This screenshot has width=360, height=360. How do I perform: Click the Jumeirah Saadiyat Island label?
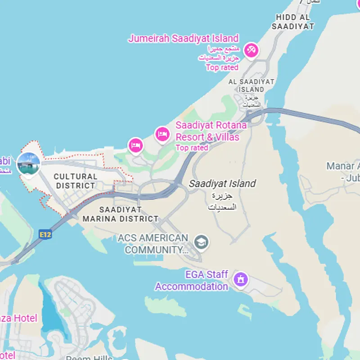(x=183, y=38)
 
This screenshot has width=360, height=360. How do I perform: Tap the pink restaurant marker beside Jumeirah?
(x=251, y=50)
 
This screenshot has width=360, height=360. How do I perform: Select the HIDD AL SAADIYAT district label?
(x=293, y=22)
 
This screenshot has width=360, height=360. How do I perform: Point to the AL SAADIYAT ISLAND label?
(x=252, y=85)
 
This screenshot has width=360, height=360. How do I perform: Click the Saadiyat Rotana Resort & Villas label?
(x=211, y=131)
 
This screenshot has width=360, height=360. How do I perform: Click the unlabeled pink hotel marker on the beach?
(x=135, y=145)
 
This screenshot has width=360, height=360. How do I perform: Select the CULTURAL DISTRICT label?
(x=76, y=181)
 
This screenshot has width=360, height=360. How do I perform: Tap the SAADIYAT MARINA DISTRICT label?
(x=120, y=214)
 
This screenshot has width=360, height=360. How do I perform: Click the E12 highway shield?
(x=45, y=234)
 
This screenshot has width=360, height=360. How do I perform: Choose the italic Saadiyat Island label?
(x=222, y=184)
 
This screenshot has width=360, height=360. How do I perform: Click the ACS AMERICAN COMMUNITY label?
(x=153, y=243)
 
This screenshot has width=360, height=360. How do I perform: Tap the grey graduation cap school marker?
(x=201, y=242)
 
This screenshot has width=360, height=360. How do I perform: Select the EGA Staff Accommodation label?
(x=192, y=280)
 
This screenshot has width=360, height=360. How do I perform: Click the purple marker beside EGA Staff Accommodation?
(x=241, y=279)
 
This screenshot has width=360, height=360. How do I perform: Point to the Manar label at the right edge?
(x=343, y=171)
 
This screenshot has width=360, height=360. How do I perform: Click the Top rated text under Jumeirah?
(x=222, y=67)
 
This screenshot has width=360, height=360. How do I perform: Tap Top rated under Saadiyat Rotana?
(x=192, y=148)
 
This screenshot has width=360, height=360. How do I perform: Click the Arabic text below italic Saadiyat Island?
(x=222, y=202)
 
